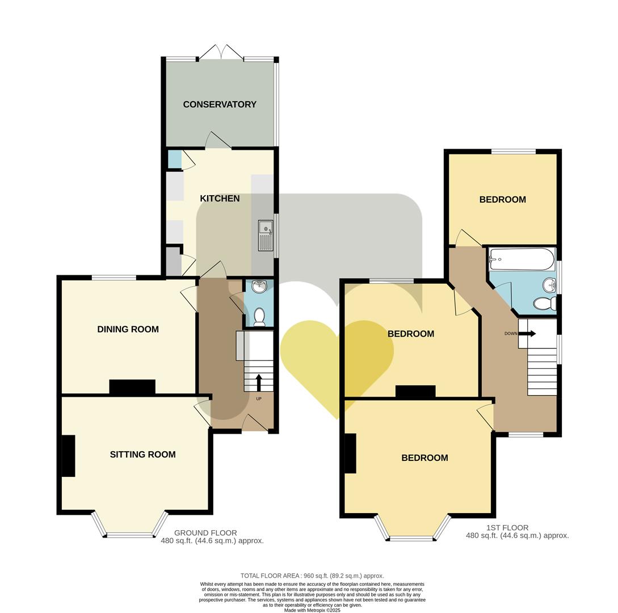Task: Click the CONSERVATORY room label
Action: click(x=220, y=104)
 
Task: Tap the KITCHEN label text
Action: click(x=220, y=199)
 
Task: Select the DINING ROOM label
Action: click(x=128, y=329)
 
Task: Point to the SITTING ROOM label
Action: click(x=142, y=455)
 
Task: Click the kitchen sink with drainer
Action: click(x=266, y=235)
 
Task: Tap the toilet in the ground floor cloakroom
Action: click(x=259, y=316)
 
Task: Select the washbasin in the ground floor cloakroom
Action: click(x=259, y=286)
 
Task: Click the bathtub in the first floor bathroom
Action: click(x=521, y=259)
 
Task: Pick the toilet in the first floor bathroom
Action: click(x=545, y=304)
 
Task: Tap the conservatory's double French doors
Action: click(x=221, y=53)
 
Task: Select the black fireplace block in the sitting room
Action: click(x=68, y=456)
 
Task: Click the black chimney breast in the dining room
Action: click(x=132, y=387)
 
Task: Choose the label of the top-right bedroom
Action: click(x=502, y=200)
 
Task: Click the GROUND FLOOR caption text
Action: click(x=205, y=533)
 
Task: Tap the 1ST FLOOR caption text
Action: click(x=507, y=528)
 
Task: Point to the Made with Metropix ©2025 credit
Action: click(x=312, y=610)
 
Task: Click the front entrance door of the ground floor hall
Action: click(x=255, y=423)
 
